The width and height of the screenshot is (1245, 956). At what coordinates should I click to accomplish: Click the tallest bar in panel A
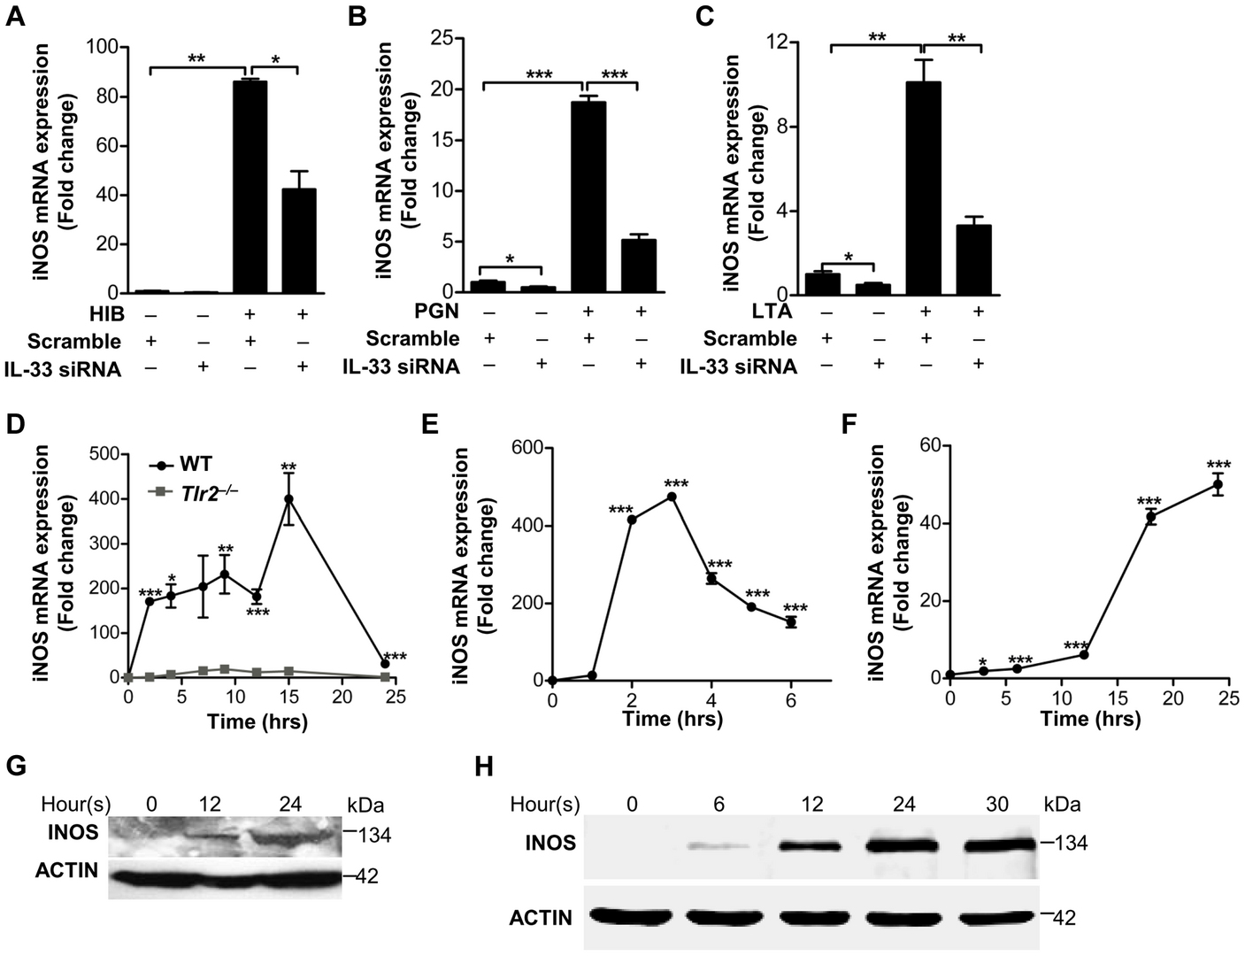[250, 186]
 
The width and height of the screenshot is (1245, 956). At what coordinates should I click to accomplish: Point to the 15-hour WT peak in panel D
[288, 498]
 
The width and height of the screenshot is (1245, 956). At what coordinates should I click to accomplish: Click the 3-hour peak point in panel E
[672, 497]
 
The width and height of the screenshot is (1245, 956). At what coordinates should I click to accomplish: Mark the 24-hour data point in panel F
[1218, 484]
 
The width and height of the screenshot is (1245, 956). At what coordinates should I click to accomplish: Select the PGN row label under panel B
[439, 312]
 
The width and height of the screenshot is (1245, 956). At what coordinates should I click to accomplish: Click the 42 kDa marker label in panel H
[1062, 918]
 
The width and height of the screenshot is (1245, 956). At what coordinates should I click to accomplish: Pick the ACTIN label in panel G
[67, 871]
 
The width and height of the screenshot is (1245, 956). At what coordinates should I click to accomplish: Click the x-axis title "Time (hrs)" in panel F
[1090, 719]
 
